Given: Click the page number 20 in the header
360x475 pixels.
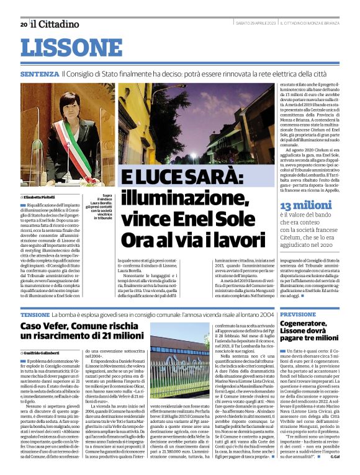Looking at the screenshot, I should (x=23, y=24).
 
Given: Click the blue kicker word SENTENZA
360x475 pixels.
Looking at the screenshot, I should (x=39, y=74).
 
